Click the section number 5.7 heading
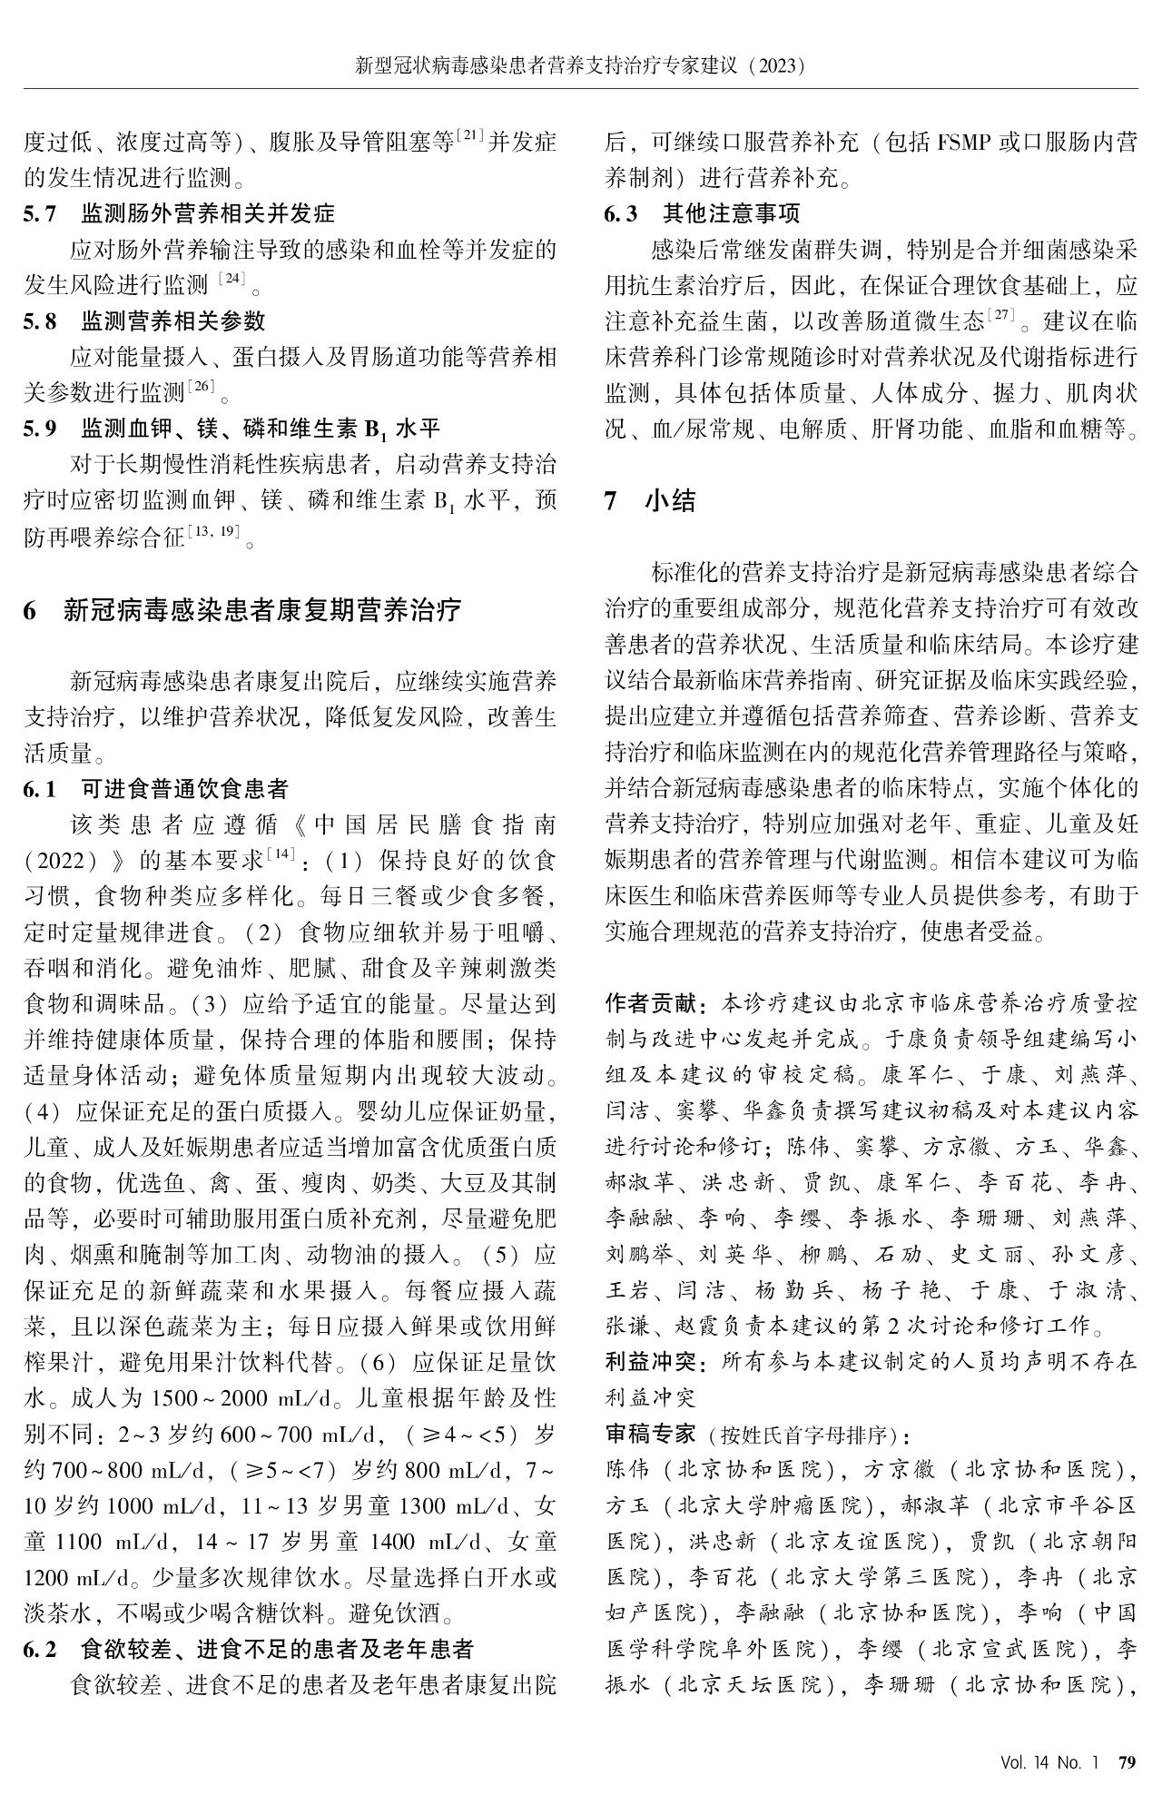40,213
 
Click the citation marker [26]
202,389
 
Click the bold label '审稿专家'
651,1434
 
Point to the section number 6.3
622,214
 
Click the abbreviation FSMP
965,143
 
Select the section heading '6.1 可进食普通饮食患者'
156,789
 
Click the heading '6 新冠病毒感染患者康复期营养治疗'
242,609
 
